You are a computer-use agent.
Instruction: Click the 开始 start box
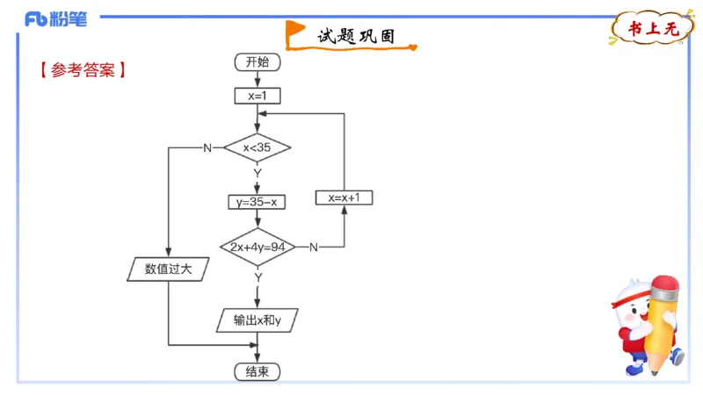(257, 61)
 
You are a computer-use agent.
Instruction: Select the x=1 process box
(257, 96)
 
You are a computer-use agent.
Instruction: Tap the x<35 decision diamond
(257, 147)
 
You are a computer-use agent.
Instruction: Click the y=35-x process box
(257, 202)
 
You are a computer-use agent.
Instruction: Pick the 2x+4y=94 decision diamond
(257, 248)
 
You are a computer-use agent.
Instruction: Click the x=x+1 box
(344, 197)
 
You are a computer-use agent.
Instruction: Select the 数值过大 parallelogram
(168, 269)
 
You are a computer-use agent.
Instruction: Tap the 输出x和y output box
(257, 320)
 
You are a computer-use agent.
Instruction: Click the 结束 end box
(257, 372)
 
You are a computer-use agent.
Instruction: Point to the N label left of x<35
(207, 147)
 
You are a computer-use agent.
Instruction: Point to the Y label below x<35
(257, 173)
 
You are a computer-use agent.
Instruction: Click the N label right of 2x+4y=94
(313, 248)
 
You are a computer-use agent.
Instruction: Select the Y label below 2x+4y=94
(257, 276)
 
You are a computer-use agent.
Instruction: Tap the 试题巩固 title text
(355, 36)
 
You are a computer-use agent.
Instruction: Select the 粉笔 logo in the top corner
(56, 19)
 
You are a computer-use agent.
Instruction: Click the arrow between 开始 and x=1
(257, 79)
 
